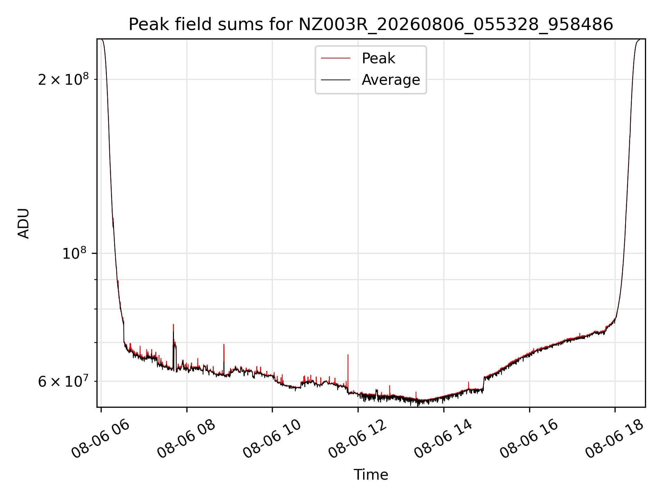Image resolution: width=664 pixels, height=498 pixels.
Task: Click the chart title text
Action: pyautogui.click(x=371, y=25)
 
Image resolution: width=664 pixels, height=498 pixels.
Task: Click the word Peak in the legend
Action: pyautogui.click(x=378, y=58)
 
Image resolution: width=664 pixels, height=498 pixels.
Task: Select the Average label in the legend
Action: pyautogui.click(x=391, y=80)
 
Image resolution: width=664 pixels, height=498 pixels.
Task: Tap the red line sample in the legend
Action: pyautogui.click(x=335, y=58)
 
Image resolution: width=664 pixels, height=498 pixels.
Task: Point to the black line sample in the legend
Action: pyautogui.click(x=335, y=80)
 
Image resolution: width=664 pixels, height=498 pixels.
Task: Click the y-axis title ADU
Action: pyautogui.click(x=24, y=223)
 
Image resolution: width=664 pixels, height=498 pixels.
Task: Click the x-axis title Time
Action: pyautogui.click(x=371, y=475)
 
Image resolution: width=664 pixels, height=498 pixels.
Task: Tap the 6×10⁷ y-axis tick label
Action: pyautogui.click(x=63, y=381)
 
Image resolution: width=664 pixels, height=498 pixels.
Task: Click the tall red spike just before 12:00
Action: pyautogui.click(x=348, y=372)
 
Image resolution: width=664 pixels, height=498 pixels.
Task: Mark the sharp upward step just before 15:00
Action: pyautogui.click(x=484, y=383)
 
